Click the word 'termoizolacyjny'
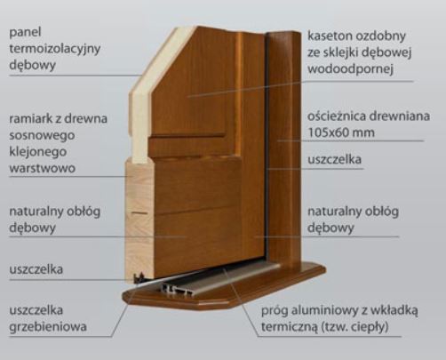55,49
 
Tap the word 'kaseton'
330,36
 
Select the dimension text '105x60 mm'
341,132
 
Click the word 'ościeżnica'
334,116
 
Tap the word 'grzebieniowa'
48,327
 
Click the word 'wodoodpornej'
350,69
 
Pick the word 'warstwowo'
43,168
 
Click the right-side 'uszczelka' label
334,159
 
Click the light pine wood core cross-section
139,220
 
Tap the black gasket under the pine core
139,278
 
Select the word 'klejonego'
38,152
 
